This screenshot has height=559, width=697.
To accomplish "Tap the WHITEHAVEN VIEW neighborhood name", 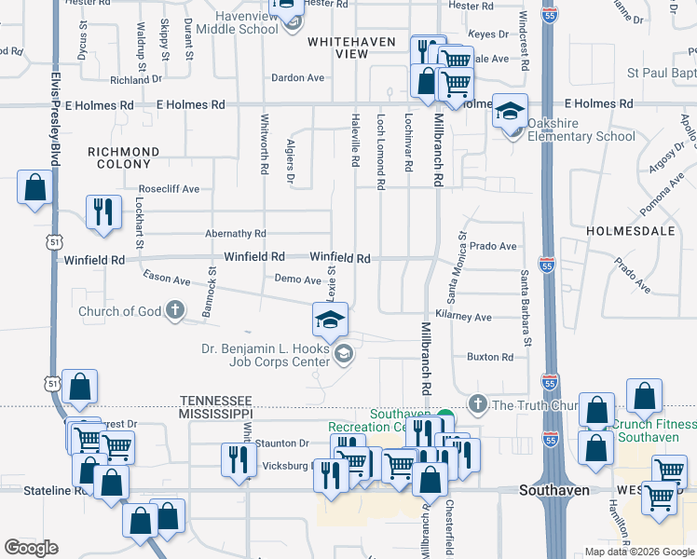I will click(x=351, y=48).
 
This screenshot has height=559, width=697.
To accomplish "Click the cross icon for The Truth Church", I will click(x=478, y=404).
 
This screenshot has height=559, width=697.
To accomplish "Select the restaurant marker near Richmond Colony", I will click(x=102, y=211).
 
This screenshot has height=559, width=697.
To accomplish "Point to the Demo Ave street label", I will click(x=297, y=279).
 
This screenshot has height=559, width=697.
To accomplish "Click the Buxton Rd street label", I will click(x=489, y=357).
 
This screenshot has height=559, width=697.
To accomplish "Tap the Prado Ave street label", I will click(x=493, y=247).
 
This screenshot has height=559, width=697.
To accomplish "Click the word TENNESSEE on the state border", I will click(x=216, y=399).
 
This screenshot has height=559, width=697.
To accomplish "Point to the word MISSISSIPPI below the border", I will click(x=215, y=413).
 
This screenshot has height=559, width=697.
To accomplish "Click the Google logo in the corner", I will click(x=31, y=548).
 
